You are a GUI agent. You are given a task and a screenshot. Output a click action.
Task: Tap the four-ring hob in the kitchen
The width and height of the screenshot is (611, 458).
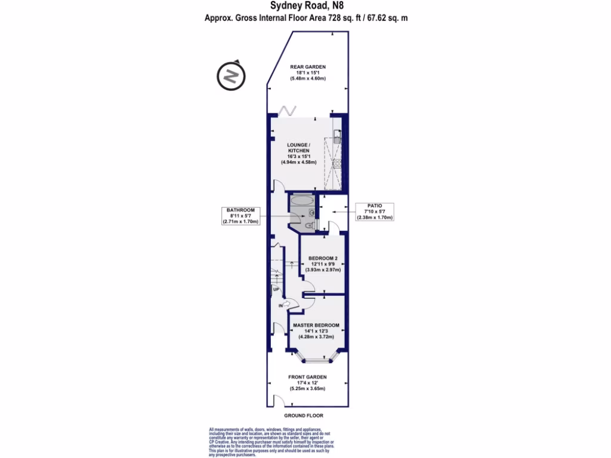[x=336, y=165]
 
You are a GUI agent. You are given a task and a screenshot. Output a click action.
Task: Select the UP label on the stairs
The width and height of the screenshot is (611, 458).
[x=276, y=289]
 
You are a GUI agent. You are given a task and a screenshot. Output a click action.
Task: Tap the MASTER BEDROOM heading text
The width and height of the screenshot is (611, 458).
[x=316, y=325]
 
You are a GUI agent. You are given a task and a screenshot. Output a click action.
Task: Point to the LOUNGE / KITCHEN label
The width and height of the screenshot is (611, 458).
[x=298, y=148]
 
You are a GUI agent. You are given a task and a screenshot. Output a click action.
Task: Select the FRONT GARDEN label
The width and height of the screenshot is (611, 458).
[x=307, y=377]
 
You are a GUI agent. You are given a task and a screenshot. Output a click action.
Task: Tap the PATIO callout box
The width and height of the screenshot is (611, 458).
[x=374, y=211]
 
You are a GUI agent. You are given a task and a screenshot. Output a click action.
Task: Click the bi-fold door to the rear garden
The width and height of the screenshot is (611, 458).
[x=289, y=111]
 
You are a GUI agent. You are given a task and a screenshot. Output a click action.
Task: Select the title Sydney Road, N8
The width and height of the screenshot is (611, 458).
[x=307, y=7]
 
